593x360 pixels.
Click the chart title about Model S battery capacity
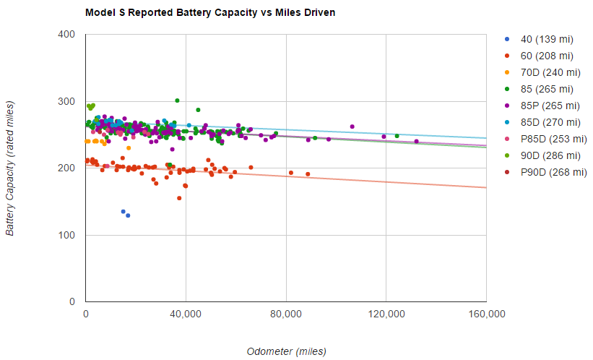(x=210, y=13)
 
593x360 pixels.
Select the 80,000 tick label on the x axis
(x=286, y=314)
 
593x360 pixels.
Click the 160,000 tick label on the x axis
(x=486, y=314)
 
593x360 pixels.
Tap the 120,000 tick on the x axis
(x=386, y=314)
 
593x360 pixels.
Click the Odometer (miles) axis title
(x=286, y=351)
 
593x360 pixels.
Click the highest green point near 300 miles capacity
(x=177, y=100)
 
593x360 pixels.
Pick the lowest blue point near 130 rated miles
(x=128, y=215)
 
